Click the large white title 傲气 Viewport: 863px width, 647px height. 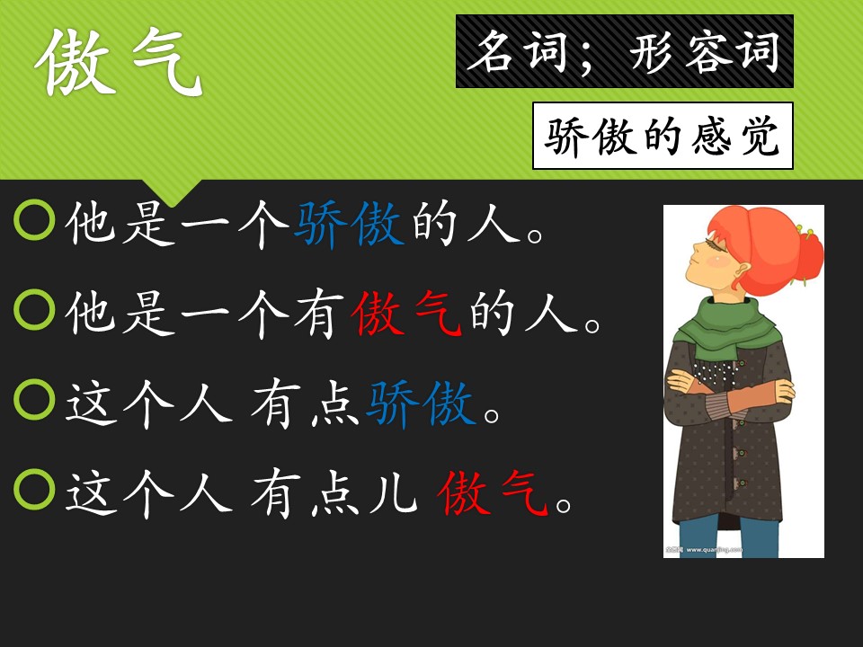click(120, 61)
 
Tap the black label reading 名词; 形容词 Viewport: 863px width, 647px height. click(624, 51)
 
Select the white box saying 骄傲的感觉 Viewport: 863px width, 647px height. click(663, 136)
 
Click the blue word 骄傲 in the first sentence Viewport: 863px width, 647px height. click(349, 224)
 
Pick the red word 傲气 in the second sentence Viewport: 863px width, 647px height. click(406, 313)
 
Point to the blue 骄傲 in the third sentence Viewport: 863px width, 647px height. click(421, 403)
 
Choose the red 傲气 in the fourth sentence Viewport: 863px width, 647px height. click(493, 492)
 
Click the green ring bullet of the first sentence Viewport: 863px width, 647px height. click(34, 220)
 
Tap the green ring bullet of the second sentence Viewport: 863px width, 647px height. click(34, 310)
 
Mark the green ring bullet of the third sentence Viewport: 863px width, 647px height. click(34, 400)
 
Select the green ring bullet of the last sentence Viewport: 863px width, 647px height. click(34, 490)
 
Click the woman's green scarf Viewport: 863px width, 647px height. click(726, 327)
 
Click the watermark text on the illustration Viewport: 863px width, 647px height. click(704, 549)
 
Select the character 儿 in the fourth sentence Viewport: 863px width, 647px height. click(393, 492)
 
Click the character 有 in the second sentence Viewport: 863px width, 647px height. click(318, 313)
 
